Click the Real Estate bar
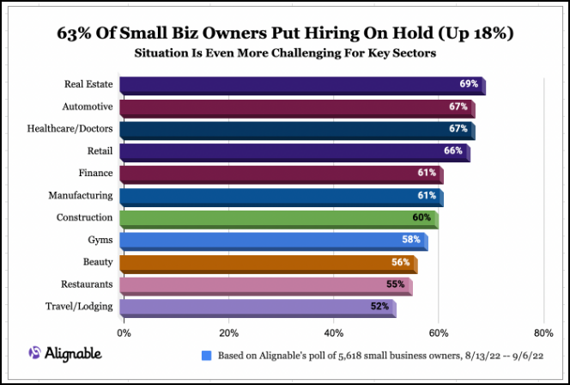pyautogui.click(x=300, y=85)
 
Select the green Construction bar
pyautogui.click(x=278, y=218)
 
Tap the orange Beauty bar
pyautogui.click(x=267, y=263)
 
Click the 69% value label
pyautogui.click(x=469, y=84)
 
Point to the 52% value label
pyautogui.click(x=379, y=306)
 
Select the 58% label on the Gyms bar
pyautogui.click(x=410, y=240)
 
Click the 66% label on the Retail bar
pyautogui.click(x=452, y=151)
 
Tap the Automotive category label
pyautogui.click(x=88, y=107)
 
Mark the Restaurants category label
pyautogui.click(x=85, y=284)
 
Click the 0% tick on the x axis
pyautogui.click(x=124, y=332)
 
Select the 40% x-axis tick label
pyautogui.click(x=334, y=332)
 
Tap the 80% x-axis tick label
pyautogui.click(x=543, y=332)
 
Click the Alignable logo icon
pyautogui.click(x=34, y=353)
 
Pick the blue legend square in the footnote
pyautogui.click(x=206, y=355)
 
